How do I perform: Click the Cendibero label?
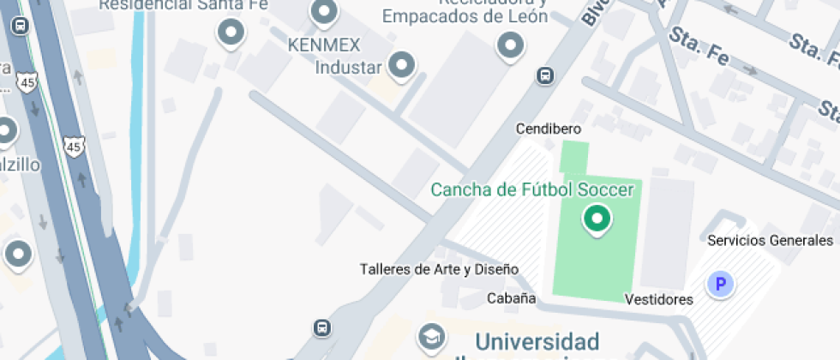point(549,129)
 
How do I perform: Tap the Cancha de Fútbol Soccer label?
point(531,189)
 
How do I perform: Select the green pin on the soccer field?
point(597,218)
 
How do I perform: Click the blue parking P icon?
point(721,285)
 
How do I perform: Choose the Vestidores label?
point(658,299)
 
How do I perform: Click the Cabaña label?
point(511,298)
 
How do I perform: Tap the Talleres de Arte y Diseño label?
point(439,269)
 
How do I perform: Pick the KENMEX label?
point(325,45)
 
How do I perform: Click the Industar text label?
point(348,67)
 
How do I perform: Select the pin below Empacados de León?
point(511,45)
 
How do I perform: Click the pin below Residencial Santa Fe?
point(231,33)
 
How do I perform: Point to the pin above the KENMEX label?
point(323,12)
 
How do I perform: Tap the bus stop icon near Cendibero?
point(544,75)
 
